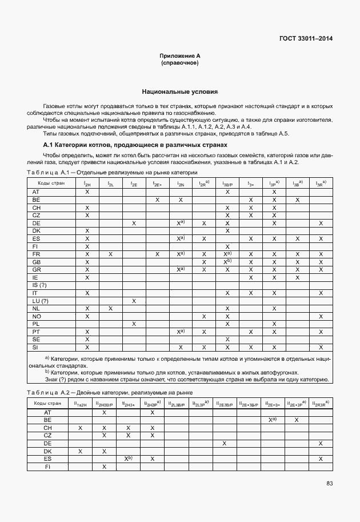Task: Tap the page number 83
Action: (329, 484)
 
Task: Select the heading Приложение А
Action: (179, 55)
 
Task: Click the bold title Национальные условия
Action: (179, 91)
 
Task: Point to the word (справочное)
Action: (179, 62)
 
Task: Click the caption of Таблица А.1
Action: (112, 172)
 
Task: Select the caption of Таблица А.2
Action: (110, 393)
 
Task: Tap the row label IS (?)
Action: (39, 285)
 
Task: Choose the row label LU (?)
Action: (41, 301)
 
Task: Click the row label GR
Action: (36, 269)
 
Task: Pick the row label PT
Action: (36, 332)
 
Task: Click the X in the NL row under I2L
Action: (110, 308)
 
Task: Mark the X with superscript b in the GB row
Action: (227, 261)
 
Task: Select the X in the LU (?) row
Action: (134, 301)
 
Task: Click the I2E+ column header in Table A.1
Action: (157, 184)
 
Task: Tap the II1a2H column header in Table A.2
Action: (80, 404)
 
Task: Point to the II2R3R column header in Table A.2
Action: (321, 404)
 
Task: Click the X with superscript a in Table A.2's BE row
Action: (273, 420)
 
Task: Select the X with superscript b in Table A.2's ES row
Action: (129, 459)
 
